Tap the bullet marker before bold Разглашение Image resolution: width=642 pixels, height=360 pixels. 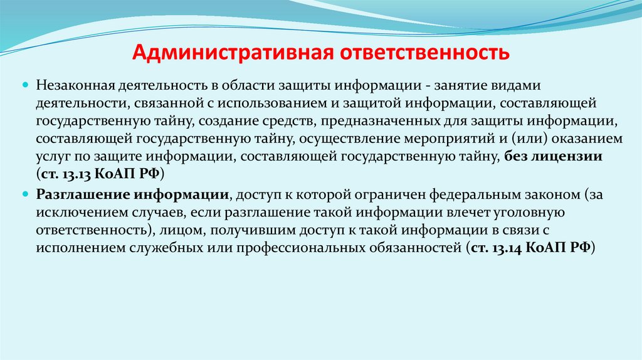point(26,194)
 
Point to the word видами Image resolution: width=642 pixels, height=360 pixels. point(508,85)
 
